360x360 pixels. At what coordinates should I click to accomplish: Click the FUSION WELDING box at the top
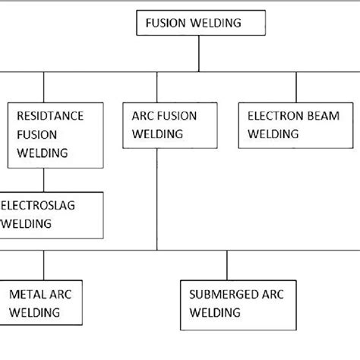point(199,24)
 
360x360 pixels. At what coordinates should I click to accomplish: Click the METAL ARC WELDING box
point(43,302)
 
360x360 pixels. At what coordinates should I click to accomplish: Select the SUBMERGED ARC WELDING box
point(227,302)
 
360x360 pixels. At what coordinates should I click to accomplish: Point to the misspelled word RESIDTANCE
point(49,116)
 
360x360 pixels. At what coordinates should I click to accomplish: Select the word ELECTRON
point(273,115)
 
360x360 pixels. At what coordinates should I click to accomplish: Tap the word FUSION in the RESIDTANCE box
point(34,134)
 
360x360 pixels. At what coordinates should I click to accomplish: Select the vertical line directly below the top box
point(199,53)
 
